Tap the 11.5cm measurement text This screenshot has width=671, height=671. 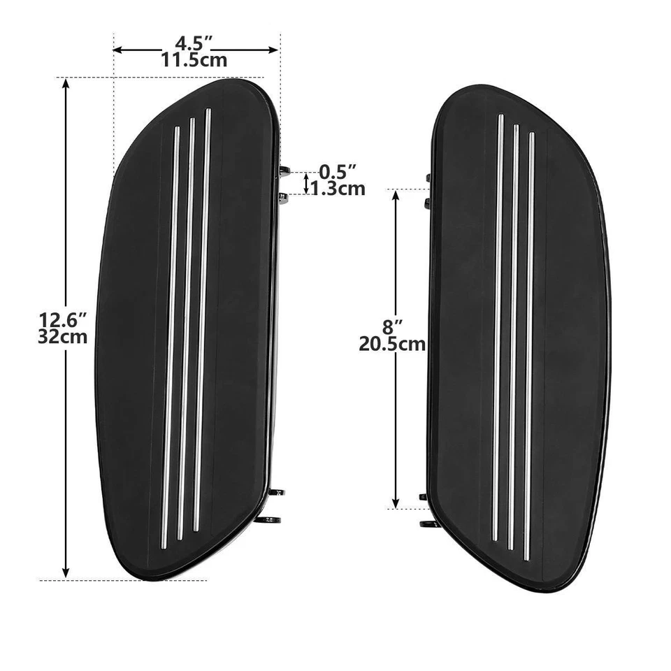194,59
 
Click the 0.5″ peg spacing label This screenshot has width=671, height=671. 338,171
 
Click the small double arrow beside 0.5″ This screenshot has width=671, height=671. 305,182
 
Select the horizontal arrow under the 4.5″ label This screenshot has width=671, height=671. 196,49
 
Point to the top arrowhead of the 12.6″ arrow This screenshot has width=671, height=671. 66,84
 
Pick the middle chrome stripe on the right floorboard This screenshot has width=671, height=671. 514,335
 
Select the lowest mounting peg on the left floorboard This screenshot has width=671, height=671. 271,519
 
